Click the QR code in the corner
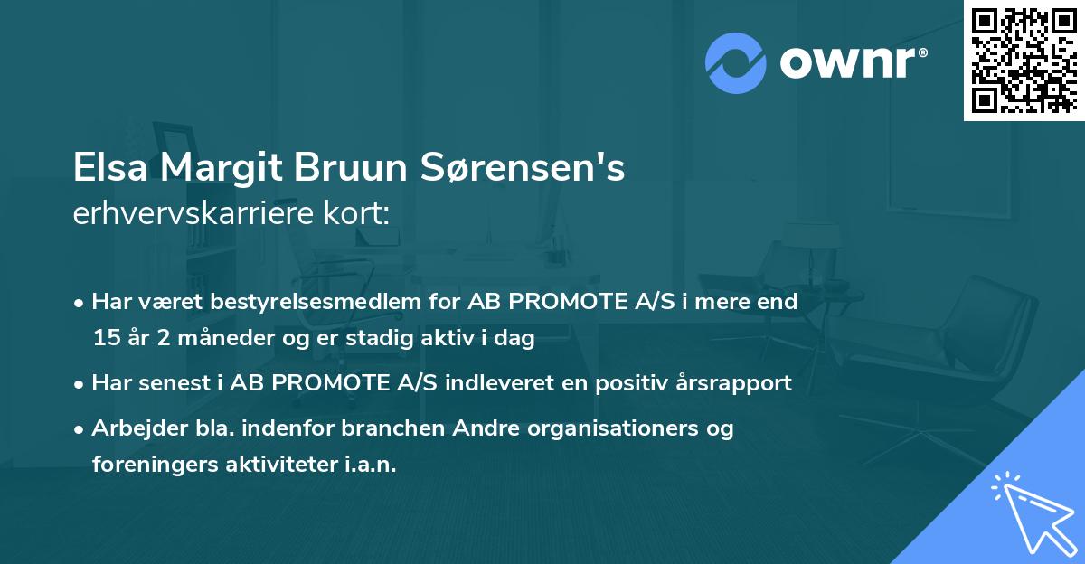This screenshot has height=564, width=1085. (1024, 60)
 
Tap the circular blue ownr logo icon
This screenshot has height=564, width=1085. (736, 62)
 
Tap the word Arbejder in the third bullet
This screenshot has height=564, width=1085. (128, 428)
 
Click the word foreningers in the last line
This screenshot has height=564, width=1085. (146, 465)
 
